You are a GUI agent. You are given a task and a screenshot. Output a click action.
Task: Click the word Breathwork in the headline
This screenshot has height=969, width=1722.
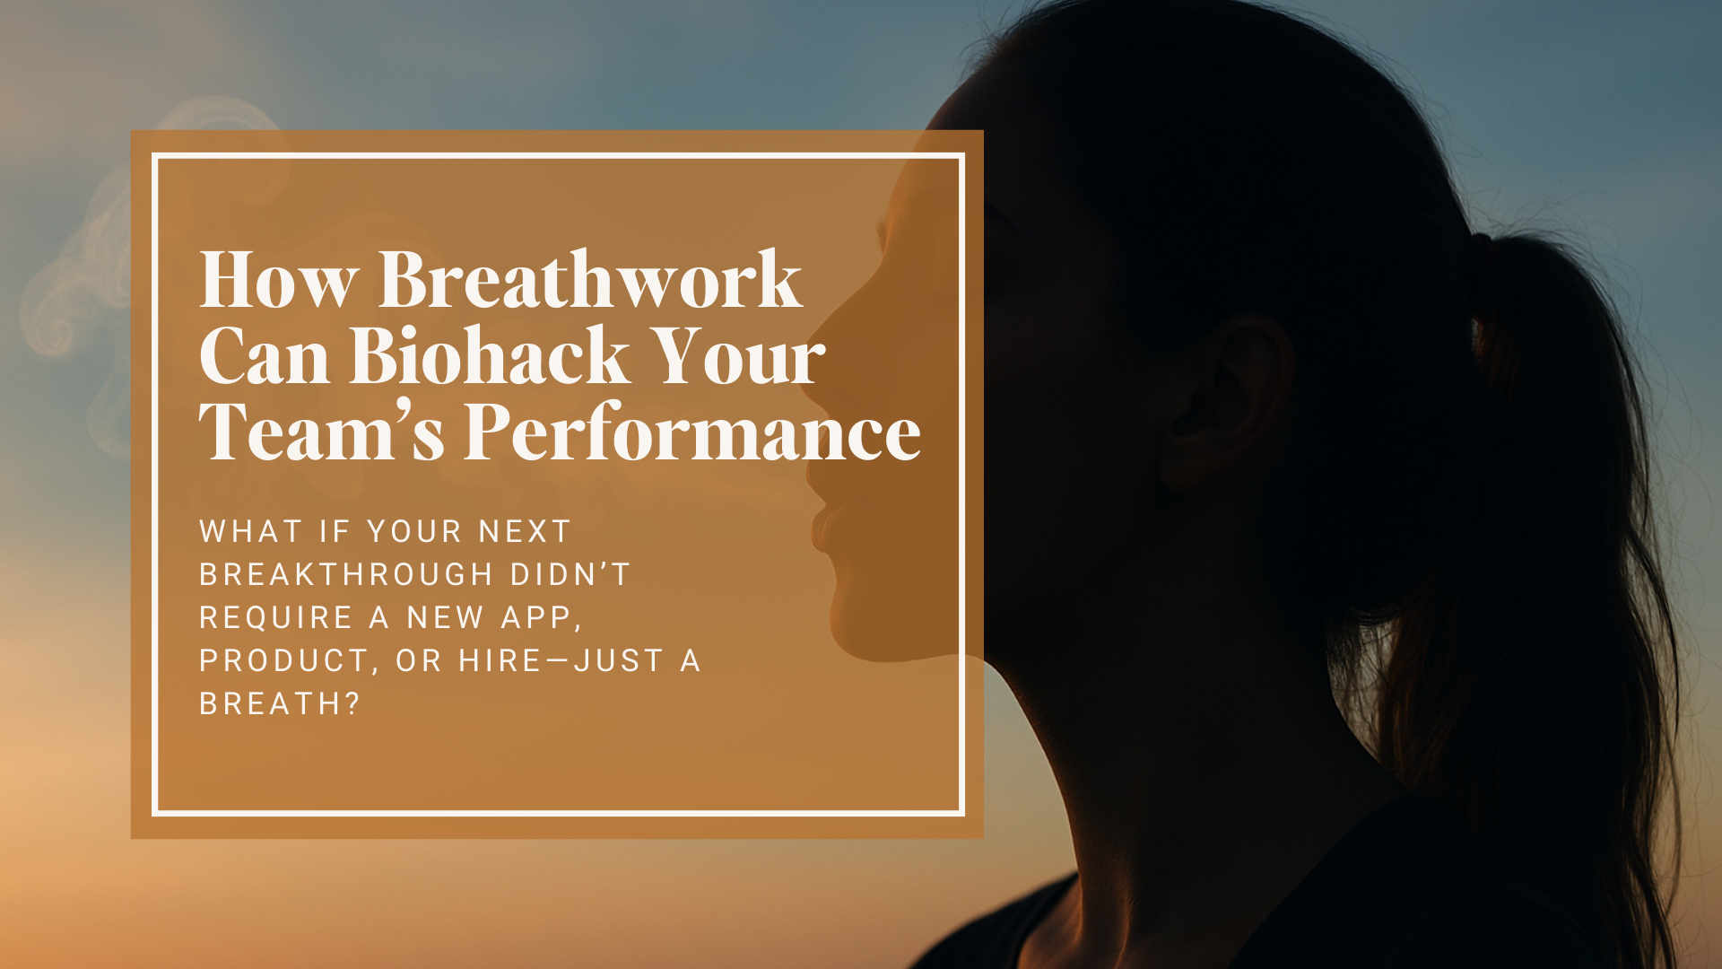pyautogui.click(x=590, y=279)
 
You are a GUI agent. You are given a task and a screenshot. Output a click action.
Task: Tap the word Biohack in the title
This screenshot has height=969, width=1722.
pyautogui.click(x=489, y=355)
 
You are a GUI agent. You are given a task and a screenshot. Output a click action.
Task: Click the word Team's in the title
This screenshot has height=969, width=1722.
pyautogui.click(x=322, y=432)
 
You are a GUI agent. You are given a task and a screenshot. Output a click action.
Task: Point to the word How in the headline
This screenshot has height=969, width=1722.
pyautogui.click(x=278, y=280)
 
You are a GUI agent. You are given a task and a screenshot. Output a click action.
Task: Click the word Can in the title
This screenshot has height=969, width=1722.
pyautogui.click(x=265, y=355)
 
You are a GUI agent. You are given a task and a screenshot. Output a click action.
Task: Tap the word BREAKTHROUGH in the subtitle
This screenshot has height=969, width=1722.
pyautogui.click(x=346, y=574)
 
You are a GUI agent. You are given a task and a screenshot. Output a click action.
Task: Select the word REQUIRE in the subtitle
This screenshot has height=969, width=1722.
pyautogui.click(x=276, y=617)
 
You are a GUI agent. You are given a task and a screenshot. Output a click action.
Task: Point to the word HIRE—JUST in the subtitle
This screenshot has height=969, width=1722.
pyautogui.click(x=561, y=660)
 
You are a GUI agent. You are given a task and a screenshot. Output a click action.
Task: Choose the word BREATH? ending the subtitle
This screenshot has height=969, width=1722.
pyautogui.click(x=279, y=703)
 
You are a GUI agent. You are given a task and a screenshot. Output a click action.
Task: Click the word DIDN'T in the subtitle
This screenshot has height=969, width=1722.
pyautogui.click(x=570, y=574)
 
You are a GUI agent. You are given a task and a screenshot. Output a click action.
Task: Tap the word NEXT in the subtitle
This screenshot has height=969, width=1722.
pyautogui.click(x=525, y=531)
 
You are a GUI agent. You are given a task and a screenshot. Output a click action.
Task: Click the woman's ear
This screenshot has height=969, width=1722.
pyautogui.click(x=1231, y=400)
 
